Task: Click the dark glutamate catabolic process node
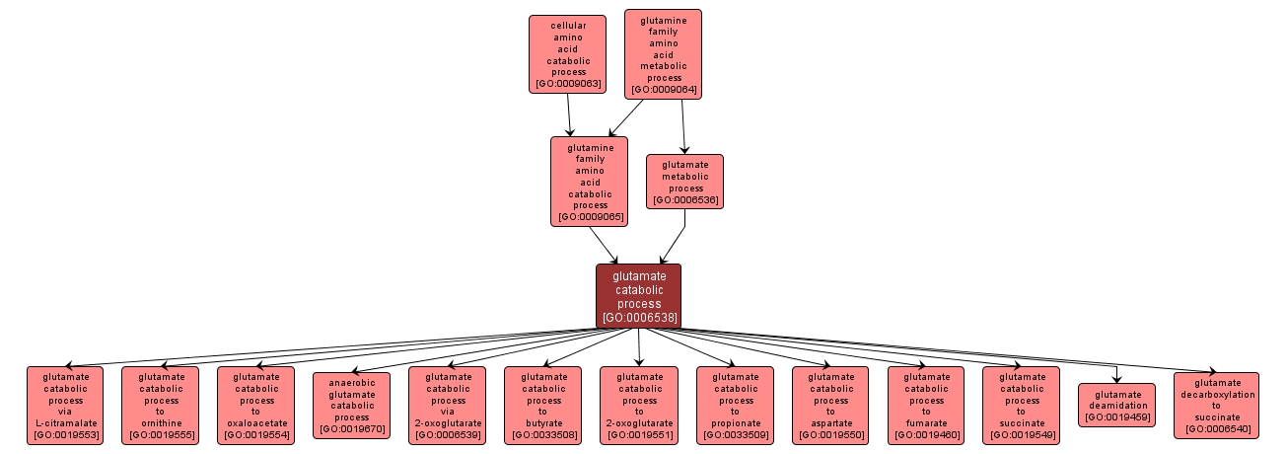click(638, 295)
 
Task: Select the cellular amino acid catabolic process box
click(567, 54)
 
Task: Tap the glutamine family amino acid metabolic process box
click(663, 54)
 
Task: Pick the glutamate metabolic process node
click(684, 182)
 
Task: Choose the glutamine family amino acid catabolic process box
click(590, 182)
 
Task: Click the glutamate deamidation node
click(1116, 406)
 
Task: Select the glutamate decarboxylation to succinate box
click(1216, 406)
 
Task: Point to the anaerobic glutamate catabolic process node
click(352, 406)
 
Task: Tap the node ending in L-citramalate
click(65, 406)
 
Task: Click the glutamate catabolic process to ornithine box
click(160, 406)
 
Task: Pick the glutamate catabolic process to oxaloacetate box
click(255, 406)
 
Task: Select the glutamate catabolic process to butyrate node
click(543, 406)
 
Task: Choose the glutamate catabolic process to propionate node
click(735, 406)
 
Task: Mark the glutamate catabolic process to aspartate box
click(830, 406)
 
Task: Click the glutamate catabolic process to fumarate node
click(926, 406)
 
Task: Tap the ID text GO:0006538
click(638, 318)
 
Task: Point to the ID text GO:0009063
click(567, 84)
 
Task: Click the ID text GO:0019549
click(1022, 434)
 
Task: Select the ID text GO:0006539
click(448, 434)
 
